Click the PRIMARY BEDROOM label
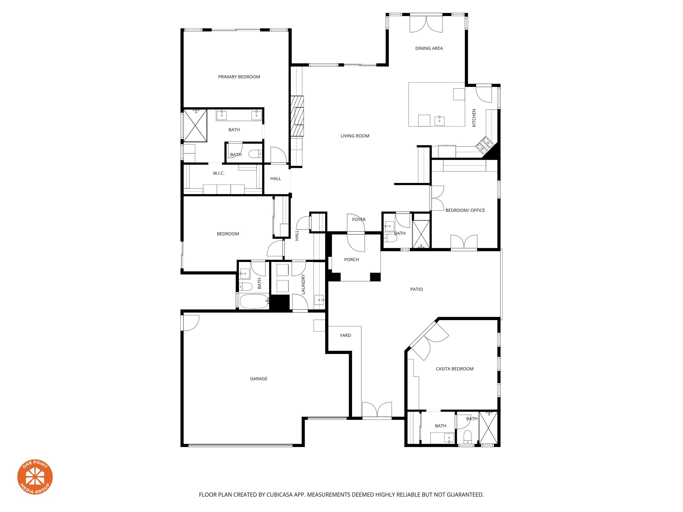[239, 77]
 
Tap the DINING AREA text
[429, 48]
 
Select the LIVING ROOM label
[355, 136]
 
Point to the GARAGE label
[258, 379]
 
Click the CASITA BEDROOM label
[454, 369]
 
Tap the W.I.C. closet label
[219, 173]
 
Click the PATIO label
[416, 289]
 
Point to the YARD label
[345, 335]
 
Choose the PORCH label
[351, 260]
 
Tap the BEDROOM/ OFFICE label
[465, 210]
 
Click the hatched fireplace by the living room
[297, 116]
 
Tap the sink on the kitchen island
[439, 120]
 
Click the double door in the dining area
[426, 24]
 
